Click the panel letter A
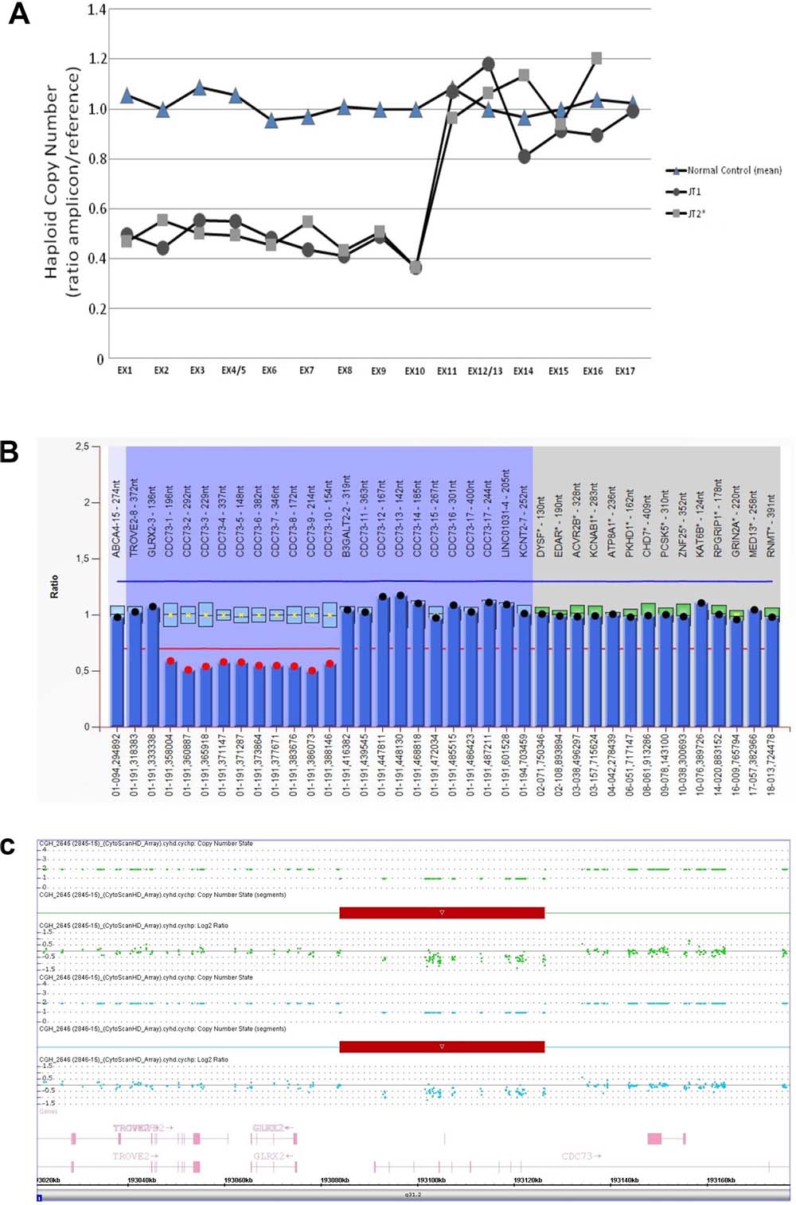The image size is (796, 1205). [x=18, y=14]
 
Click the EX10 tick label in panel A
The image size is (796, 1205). [x=415, y=371]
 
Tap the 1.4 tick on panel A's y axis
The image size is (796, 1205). [x=97, y=10]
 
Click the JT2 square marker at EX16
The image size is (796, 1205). [x=596, y=58]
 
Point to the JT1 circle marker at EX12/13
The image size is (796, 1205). [x=488, y=64]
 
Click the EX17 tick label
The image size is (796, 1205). [x=625, y=371]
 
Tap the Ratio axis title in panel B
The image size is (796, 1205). [x=54, y=587]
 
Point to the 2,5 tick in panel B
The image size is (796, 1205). [x=82, y=447]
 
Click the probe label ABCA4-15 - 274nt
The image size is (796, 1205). [x=117, y=518]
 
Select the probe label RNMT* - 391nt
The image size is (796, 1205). [x=771, y=524]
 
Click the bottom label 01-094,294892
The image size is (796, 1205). [x=117, y=764]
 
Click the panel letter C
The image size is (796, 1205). [x=8, y=846]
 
